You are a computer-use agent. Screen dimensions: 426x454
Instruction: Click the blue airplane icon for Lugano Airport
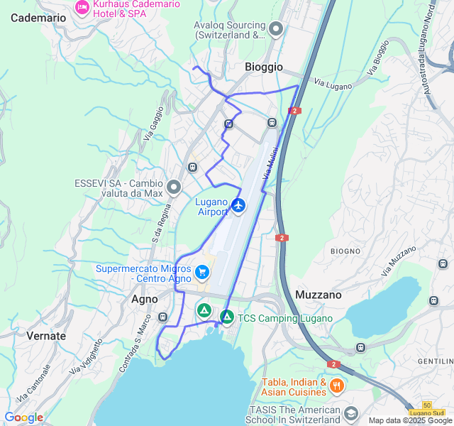(238, 206)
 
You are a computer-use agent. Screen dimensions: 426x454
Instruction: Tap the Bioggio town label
(263, 67)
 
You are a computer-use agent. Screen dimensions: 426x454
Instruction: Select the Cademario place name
(38, 18)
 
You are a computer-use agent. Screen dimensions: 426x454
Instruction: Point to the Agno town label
(145, 299)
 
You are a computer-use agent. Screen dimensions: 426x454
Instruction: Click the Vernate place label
(46, 336)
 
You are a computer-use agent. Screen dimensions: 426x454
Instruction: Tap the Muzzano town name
(318, 294)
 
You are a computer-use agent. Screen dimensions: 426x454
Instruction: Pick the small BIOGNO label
(345, 251)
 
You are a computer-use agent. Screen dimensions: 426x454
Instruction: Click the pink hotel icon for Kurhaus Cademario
(82, 6)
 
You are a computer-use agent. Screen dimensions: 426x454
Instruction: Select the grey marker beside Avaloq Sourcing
(276, 28)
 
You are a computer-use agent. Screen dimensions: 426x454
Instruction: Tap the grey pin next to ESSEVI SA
(174, 188)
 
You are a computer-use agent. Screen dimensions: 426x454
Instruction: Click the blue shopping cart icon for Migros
(202, 271)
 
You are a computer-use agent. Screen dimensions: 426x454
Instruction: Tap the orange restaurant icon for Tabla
(336, 386)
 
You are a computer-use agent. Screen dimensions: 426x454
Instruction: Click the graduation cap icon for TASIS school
(350, 413)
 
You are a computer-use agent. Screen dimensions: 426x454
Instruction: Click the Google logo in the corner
(23, 417)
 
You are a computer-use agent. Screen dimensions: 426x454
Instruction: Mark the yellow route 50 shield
(426, 404)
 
